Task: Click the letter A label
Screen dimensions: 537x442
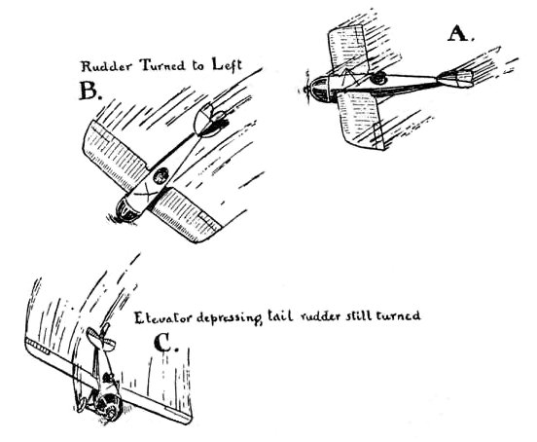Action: click(460, 34)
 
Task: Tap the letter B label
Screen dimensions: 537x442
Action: click(90, 91)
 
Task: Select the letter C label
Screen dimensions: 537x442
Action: click(165, 343)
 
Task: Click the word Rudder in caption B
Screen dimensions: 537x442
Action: click(106, 66)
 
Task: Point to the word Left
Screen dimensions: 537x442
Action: click(227, 64)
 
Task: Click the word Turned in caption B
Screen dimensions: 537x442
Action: click(162, 65)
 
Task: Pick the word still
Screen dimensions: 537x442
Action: click(359, 315)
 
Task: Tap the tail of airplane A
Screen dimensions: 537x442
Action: click(456, 79)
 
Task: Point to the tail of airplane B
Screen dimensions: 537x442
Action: click(208, 121)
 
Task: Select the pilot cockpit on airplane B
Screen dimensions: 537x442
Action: click(161, 176)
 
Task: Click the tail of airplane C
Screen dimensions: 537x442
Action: click(101, 338)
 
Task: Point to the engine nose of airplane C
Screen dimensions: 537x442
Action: click(109, 408)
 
